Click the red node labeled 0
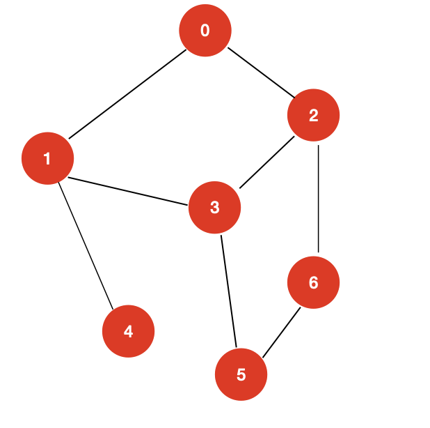pyautogui.click(x=205, y=30)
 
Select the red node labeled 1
pyautogui.click(x=47, y=159)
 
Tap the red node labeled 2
pyautogui.click(x=313, y=116)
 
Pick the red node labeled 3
pyautogui.click(x=214, y=207)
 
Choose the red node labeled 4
pyautogui.click(x=128, y=331)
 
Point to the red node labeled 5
pyautogui.click(x=241, y=374)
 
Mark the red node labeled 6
pyautogui.click(x=313, y=282)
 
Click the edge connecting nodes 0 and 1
pyautogui.click(x=126, y=94)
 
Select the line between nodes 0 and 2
pyautogui.click(x=259, y=72)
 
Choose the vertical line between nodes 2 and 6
pyautogui.click(x=317, y=199)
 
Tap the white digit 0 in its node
pyautogui.click(x=205, y=30)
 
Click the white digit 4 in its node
pyautogui.click(x=128, y=331)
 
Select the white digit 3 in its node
pyautogui.click(x=214, y=207)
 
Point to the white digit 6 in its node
pyautogui.click(x=313, y=282)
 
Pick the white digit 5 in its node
pyautogui.click(x=241, y=374)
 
